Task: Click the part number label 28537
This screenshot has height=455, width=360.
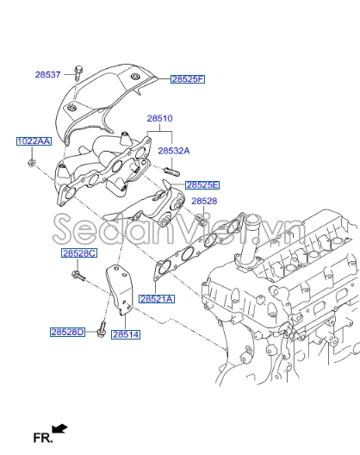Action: [x=48, y=75]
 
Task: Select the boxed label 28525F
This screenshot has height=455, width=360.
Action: [x=187, y=79]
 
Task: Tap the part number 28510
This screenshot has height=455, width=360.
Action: [x=159, y=117]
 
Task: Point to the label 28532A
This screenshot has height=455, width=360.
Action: [x=173, y=150]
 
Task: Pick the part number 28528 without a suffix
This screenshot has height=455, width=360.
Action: [x=204, y=201]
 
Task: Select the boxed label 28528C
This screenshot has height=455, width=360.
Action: [x=79, y=253]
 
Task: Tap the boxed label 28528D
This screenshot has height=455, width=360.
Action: [x=67, y=331]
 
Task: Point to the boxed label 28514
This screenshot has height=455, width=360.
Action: [x=125, y=334]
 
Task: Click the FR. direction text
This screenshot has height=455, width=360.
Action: [x=42, y=438]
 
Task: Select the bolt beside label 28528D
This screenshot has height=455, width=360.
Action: [x=102, y=327]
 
